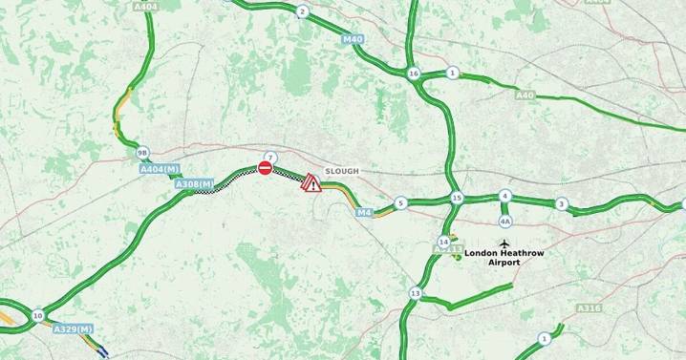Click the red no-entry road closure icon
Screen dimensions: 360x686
265,168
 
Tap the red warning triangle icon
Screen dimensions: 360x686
311,183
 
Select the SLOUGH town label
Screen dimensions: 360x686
342,171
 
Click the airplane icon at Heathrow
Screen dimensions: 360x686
505,244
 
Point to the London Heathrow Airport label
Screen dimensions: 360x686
504,258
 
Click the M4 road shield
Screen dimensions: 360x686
363,212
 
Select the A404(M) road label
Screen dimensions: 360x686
159,169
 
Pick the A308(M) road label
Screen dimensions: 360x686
194,183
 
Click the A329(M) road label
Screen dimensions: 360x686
72,328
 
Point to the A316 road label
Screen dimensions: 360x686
590,308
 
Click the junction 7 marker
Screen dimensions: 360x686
270,157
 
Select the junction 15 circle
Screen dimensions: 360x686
457,198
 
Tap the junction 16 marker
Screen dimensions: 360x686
413,74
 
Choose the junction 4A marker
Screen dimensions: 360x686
505,219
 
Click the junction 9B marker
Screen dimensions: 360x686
142,153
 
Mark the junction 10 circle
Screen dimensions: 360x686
37,315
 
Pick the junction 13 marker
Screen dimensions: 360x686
415,293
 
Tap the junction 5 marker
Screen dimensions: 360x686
401,202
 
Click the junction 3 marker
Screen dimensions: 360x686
562,203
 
